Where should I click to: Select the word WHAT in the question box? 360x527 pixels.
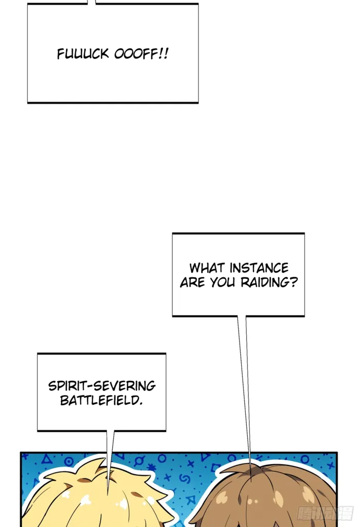pyautogui.click(x=207, y=268)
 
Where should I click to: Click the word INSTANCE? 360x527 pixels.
pyautogui.click(x=259, y=268)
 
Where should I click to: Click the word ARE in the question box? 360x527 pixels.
pyautogui.click(x=192, y=283)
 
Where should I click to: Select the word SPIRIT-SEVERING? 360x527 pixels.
pyautogui.click(x=102, y=386)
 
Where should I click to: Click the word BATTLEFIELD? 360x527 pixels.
pyautogui.click(x=100, y=400)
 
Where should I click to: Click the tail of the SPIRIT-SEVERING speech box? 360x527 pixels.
pyautogui.click(x=110, y=453)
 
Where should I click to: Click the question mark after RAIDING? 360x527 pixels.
pyautogui.click(x=294, y=283)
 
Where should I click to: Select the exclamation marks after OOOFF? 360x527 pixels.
pyautogui.click(x=164, y=54)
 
